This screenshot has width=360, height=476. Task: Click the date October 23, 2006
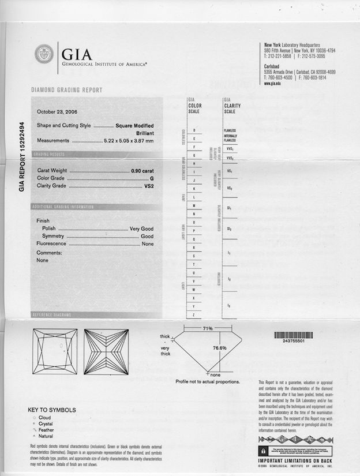pyautogui.click(x=58, y=112)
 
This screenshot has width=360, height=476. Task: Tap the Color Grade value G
pyautogui.click(x=151, y=179)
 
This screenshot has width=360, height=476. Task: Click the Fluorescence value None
pyautogui.click(x=147, y=244)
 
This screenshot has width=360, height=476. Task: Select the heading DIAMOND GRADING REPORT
pyautogui.click(x=66, y=90)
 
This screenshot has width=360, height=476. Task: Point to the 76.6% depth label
pyautogui.click(x=219, y=348)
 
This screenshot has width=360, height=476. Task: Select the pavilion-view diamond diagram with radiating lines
pyautogui.click(x=106, y=353)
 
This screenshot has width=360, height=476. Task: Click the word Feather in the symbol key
pyautogui.click(x=46, y=430)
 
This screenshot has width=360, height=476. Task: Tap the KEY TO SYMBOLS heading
pyautogui.click(x=52, y=410)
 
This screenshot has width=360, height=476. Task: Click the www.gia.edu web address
pyautogui.click(x=272, y=83)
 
